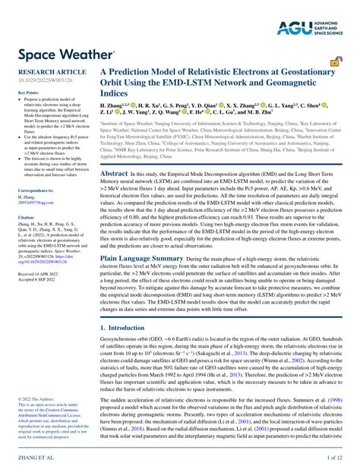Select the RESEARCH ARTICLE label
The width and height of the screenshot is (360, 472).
(x=47, y=71)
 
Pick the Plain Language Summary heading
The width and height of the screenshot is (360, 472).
(x=142, y=258)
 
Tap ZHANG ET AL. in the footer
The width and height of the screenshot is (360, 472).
(x=34, y=459)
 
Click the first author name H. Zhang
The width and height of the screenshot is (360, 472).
(x=113, y=105)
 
